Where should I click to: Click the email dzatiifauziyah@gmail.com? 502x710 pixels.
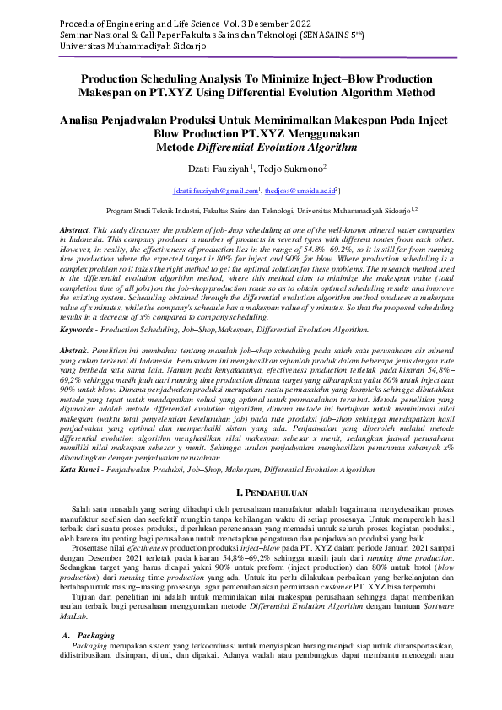(x=215, y=192)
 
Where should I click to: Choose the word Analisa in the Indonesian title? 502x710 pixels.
(x=88, y=121)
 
